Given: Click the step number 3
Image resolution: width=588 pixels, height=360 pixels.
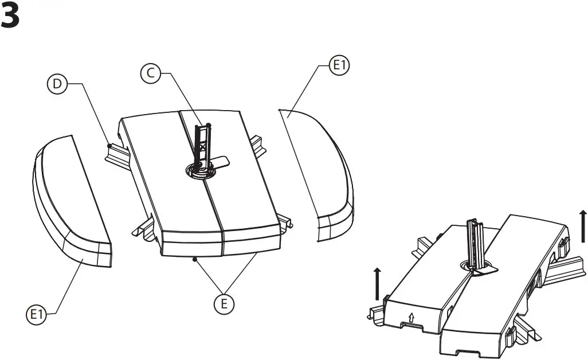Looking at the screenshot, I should point(10,17).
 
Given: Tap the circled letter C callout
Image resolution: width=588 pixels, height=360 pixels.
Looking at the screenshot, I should point(150,73).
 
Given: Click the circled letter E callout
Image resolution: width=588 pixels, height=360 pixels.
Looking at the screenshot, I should point(224,304).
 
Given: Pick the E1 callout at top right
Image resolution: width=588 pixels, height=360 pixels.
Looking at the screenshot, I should point(340,66).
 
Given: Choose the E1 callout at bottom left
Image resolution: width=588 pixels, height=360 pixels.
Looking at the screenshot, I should point(36,314).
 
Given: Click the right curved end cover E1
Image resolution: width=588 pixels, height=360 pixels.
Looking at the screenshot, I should point(324,172).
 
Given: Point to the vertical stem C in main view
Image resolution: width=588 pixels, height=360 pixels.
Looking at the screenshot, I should point(203,143).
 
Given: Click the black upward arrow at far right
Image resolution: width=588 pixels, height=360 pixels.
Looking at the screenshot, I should point(583,226).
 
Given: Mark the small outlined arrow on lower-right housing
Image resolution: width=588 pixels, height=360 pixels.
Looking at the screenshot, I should point(411,317).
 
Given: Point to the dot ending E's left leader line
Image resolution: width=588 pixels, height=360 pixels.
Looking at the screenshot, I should point(196,260).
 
